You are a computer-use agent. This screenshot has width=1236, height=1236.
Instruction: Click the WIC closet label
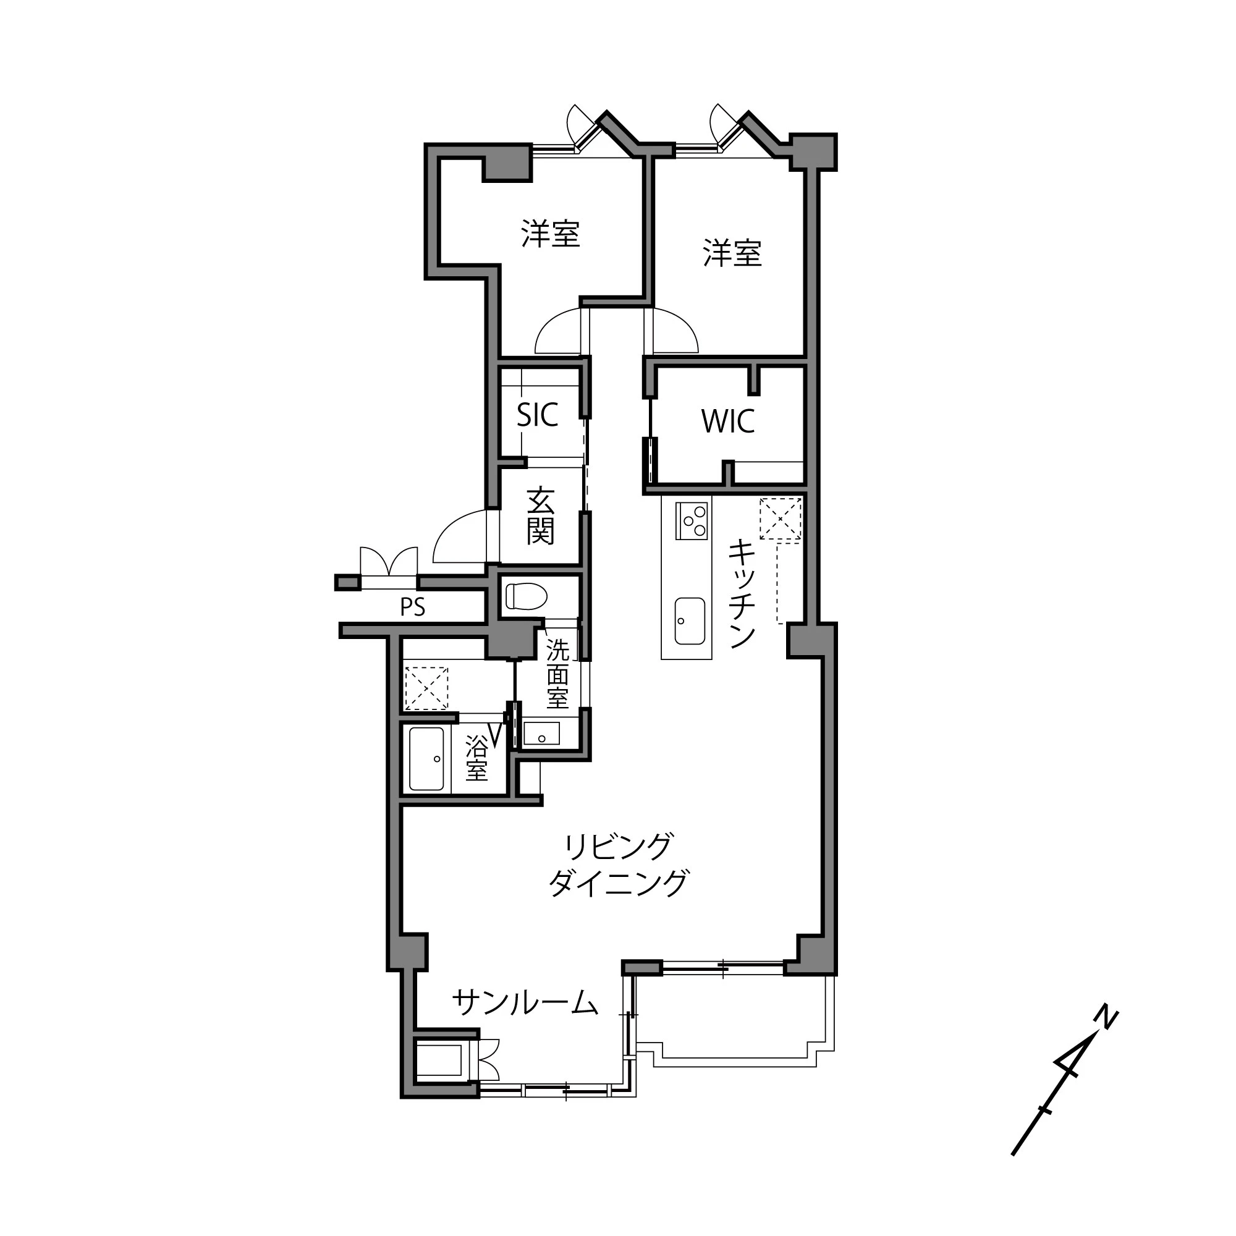tap(728, 421)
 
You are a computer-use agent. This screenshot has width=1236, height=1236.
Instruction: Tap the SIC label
tap(538, 415)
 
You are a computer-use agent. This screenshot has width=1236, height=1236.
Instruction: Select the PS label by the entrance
tap(413, 607)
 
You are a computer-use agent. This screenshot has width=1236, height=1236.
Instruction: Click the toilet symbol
tap(526, 596)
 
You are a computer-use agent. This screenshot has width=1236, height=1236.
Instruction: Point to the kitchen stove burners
tap(692, 521)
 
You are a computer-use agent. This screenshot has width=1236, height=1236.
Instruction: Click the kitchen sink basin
tap(690, 621)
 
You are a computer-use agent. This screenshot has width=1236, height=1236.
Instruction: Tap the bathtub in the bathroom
tap(426, 759)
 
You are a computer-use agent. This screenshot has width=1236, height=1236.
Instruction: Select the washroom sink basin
tap(541, 734)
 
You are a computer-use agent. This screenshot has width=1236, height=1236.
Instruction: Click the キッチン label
tap(742, 593)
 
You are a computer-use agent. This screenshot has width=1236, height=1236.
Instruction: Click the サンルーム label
tap(525, 1002)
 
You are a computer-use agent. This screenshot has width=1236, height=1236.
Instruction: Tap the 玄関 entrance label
tap(541, 515)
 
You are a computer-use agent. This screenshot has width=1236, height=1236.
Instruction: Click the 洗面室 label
tap(557, 674)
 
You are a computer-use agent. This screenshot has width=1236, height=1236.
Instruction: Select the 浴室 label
tap(477, 758)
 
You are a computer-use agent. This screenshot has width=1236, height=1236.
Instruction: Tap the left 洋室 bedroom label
tap(550, 234)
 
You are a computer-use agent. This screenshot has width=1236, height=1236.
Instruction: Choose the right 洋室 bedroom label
tap(732, 253)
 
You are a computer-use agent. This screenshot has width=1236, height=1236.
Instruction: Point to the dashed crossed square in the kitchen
tap(780, 520)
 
